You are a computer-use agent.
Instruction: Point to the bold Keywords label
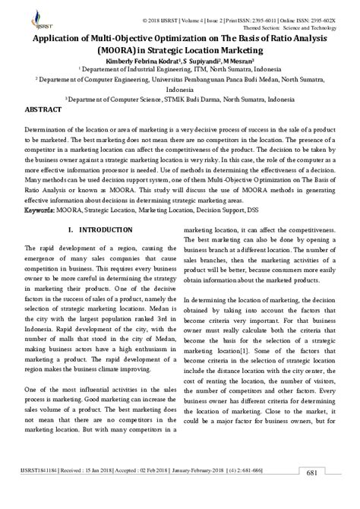[43, 186]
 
